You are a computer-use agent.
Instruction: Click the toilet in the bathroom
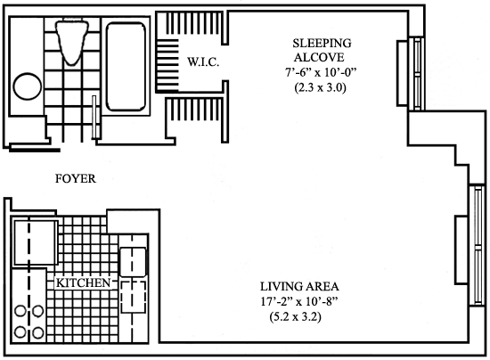tap(72, 42)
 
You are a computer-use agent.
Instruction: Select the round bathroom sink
tap(28, 86)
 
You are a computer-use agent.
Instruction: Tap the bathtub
tap(126, 67)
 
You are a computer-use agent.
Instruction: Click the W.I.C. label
tap(203, 61)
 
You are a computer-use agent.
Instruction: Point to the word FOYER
tap(76, 178)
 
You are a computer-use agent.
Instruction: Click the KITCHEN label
tap(84, 282)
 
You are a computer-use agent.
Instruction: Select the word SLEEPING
tap(322, 43)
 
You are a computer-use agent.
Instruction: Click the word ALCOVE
tap(319, 58)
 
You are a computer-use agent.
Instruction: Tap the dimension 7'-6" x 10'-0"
tap(321, 72)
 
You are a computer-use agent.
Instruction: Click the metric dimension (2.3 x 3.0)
tap(321, 88)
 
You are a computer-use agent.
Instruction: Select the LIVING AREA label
tap(299, 286)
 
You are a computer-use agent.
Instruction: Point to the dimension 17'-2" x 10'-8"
tap(299, 301)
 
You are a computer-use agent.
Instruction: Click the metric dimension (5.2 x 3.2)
tap(295, 317)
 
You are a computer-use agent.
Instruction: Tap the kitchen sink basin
tap(133, 262)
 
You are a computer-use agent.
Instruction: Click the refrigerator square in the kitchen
tap(35, 242)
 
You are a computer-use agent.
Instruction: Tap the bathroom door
tap(94, 118)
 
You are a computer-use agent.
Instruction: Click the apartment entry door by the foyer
tap(35, 151)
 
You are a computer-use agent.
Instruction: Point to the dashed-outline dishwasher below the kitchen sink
tap(134, 297)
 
